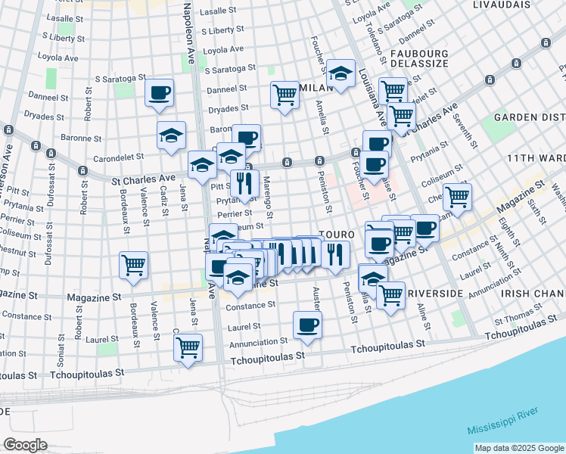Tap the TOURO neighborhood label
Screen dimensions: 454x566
334,235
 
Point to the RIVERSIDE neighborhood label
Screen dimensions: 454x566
434,292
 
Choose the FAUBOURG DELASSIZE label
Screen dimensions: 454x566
419,61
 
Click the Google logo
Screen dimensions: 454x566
25,445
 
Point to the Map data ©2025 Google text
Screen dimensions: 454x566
518,448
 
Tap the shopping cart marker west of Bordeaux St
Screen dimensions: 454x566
133,265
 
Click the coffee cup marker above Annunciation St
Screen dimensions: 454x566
307,325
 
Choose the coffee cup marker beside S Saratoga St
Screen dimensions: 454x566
159,92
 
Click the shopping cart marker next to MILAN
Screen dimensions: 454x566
285,95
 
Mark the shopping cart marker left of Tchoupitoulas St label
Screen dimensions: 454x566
187,347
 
